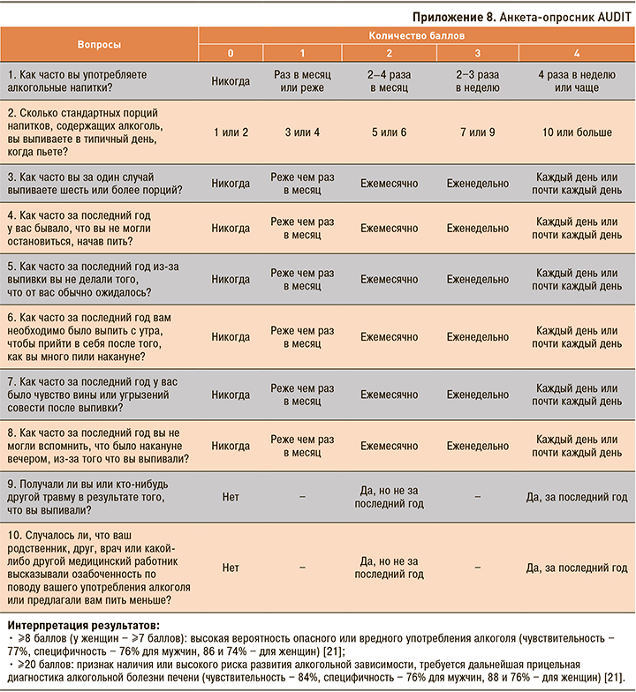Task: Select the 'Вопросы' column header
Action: pyautogui.click(x=99, y=43)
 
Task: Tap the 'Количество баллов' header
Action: pyautogui.click(x=415, y=35)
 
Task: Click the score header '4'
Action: pyautogui.click(x=576, y=53)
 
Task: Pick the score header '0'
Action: pyautogui.click(x=231, y=53)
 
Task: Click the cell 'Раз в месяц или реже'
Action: pyautogui.click(x=302, y=81)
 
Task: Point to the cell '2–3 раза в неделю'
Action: pyautogui.click(x=477, y=81)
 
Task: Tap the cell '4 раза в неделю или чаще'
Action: pyautogui.click(x=576, y=81)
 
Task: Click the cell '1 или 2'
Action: pyautogui.click(x=231, y=132)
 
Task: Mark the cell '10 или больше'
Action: pyautogui.click(x=576, y=132)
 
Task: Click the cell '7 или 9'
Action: pyautogui.click(x=477, y=132)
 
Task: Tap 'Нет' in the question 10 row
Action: pyautogui.click(x=231, y=568)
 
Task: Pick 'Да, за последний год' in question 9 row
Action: pyautogui.click(x=576, y=498)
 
